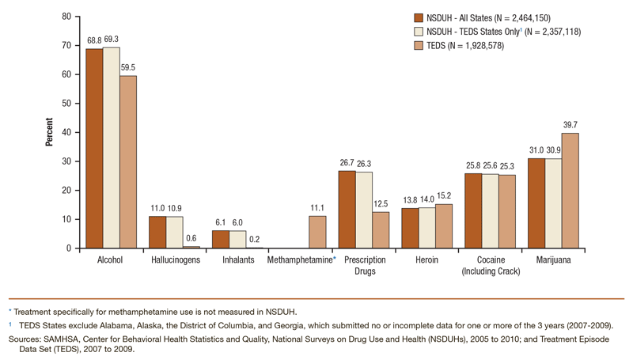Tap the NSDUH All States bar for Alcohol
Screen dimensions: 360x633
point(94,149)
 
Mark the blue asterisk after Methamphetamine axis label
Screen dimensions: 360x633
point(335,258)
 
